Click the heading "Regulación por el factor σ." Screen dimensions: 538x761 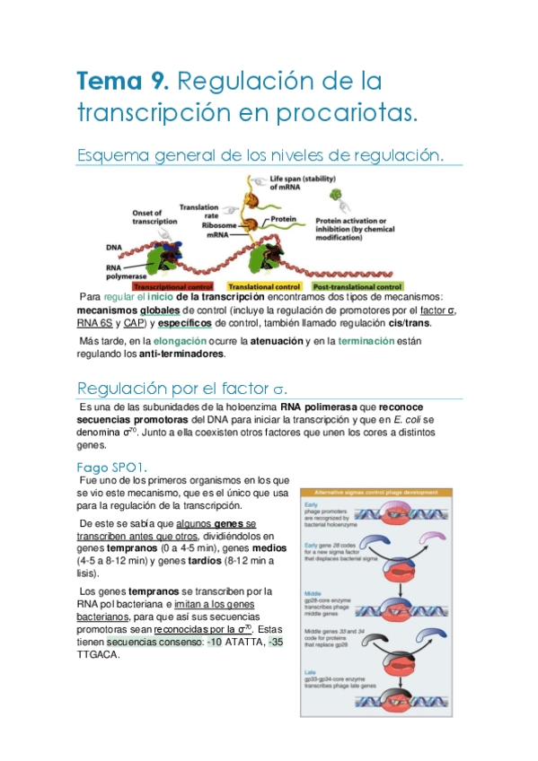pyautogui.click(x=182, y=389)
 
